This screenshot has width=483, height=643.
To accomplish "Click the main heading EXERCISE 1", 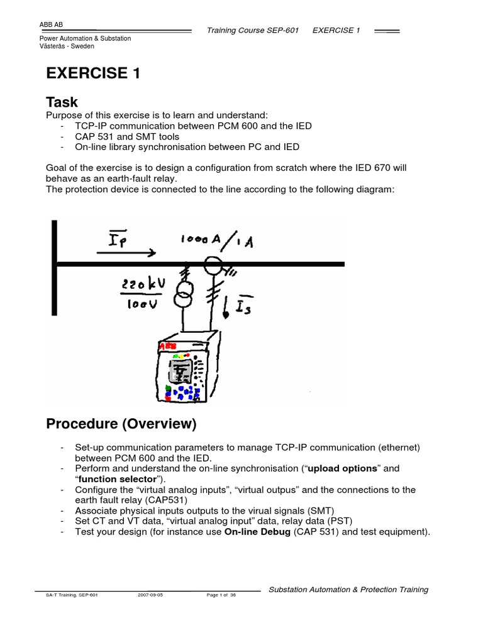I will coord(92,74).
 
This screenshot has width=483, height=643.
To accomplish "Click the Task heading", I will coord(62,102).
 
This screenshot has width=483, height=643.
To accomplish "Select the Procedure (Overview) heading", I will coord(121,424).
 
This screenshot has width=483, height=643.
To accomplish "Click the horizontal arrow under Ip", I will coord(125,254).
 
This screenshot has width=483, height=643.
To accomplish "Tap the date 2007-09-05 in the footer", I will coord(150,595).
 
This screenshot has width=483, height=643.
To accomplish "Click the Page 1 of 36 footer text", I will coord(221,595).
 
